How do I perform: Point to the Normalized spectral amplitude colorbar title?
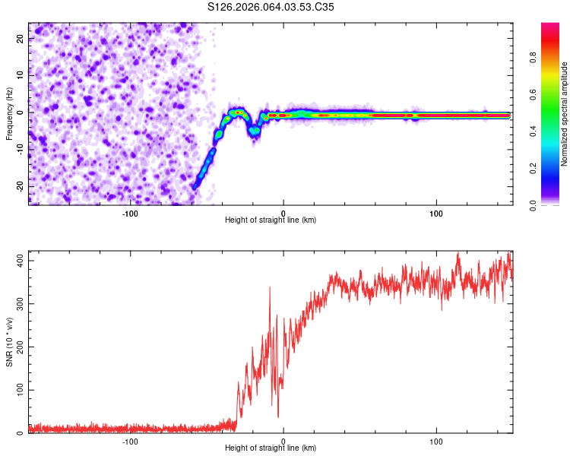tap(565, 114)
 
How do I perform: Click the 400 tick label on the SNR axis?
tap(18, 261)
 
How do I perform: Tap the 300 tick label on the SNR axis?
tap(18, 304)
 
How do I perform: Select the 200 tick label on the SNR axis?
tap(18, 347)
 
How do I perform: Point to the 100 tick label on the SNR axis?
tap(18, 390)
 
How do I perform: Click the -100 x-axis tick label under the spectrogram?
tap(130, 213)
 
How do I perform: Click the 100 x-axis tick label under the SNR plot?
tap(436, 442)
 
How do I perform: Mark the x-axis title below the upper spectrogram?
tap(271, 220)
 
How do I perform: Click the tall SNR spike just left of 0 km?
tap(270, 288)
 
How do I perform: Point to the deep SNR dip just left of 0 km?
tap(277, 416)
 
